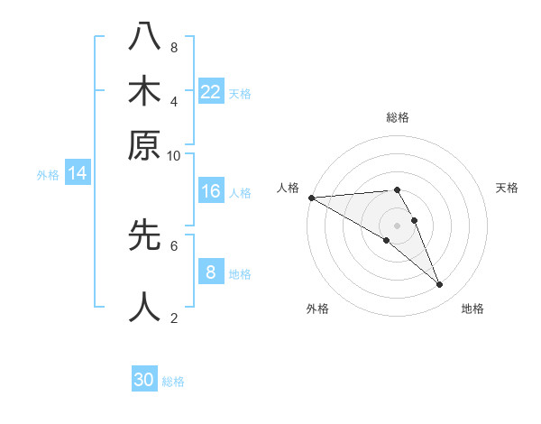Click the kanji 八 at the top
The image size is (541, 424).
click(x=145, y=38)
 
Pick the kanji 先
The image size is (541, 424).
click(x=145, y=235)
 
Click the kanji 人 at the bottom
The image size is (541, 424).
click(x=145, y=307)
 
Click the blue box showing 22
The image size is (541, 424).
click(x=211, y=92)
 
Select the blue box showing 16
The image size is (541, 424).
click(x=211, y=191)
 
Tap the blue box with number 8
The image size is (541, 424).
click(x=211, y=272)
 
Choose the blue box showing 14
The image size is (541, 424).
click(x=78, y=174)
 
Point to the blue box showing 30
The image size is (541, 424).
click(x=144, y=381)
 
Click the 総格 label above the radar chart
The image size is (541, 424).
click(x=398, y=117)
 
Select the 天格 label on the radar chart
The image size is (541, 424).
click(x=507, y=188)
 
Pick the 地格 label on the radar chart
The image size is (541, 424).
click(x=472, y=309)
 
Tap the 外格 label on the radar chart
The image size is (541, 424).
click(x=317, y=309)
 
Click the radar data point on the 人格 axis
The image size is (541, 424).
click(x=311, y=198)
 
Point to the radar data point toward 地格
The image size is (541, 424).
click(x=440, y=285)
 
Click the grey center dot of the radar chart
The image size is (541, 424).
click(x=398, y=226)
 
